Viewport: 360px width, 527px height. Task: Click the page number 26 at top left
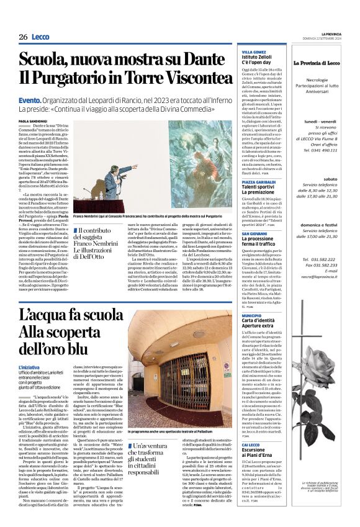click(x=23, y=37)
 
